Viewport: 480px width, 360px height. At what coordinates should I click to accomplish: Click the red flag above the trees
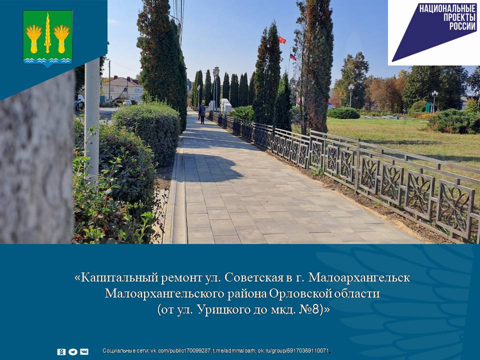pyautogui.click(x=282, y=40)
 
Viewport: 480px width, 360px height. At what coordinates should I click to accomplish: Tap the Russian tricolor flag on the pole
pyautogui.click(x=292, y=57)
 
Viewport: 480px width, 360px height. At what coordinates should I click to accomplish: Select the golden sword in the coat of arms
pyautogui.click(x=47, y=33)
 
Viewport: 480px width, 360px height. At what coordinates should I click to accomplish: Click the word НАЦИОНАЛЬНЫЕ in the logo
pyautogui.click(x=447, y=8)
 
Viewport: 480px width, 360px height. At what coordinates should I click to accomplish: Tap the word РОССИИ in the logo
pyautogui.click(x=462, y=26)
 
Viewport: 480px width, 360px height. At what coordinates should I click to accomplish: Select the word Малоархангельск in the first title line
pyautogui.click(x=359, y=277)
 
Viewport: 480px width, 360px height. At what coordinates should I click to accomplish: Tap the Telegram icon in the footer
pyautogui.click(x=73, y=351)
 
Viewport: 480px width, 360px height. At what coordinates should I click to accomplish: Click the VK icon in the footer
pyautogui.click(x=84, y=351)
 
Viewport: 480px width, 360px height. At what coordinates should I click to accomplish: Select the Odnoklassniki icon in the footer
pyautogui.click(x=61, y=351)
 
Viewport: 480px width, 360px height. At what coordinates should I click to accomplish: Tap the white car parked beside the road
pyautogui.click(x=127, y=102)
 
